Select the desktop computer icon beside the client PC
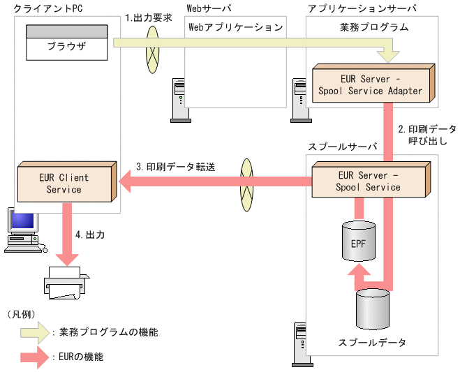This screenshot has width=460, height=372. [x=20, y=230]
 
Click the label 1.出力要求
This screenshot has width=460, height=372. [x=148, y=19]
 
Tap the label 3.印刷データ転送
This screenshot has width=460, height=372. [x=176, y=168]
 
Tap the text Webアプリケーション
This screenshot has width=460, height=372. [x=236, y=27]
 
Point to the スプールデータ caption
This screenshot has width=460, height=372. [x=371, y=343]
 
